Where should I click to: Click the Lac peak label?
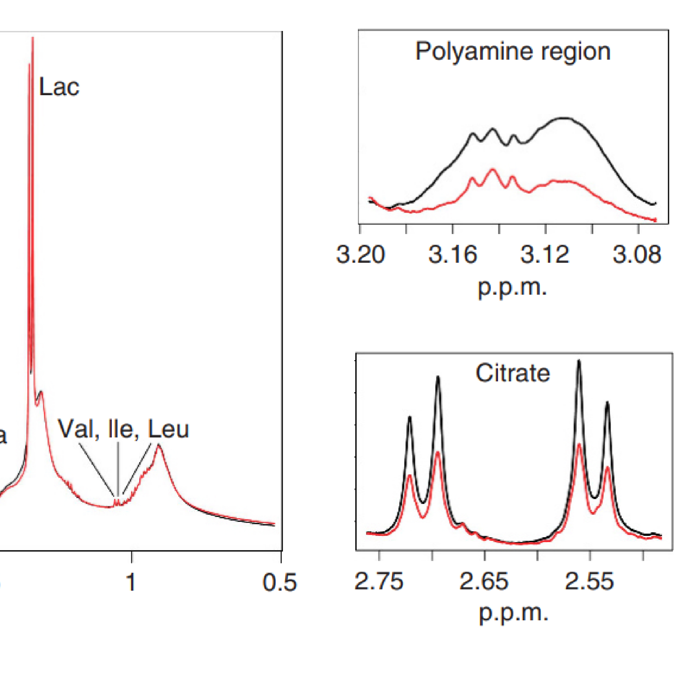pos(59,87)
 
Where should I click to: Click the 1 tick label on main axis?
pos(131,582)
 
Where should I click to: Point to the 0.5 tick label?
pos(279,582)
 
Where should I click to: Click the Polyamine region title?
pos(513,52)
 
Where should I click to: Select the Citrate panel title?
pos(512,373)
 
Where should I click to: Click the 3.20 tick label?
pos(361,255)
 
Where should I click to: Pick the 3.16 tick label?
pos(453,255)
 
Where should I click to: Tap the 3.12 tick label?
pos(545,255)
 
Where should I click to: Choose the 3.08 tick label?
pos(637,255)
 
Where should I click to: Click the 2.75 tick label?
pos(379,581)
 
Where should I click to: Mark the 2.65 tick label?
pos(484,581)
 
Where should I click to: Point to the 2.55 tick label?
pos(589,581)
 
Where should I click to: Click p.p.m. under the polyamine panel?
pos(512,288)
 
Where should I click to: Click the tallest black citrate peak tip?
pos(579,361)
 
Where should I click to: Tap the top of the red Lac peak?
pos(33,38)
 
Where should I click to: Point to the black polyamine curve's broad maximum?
pos(564,118)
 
